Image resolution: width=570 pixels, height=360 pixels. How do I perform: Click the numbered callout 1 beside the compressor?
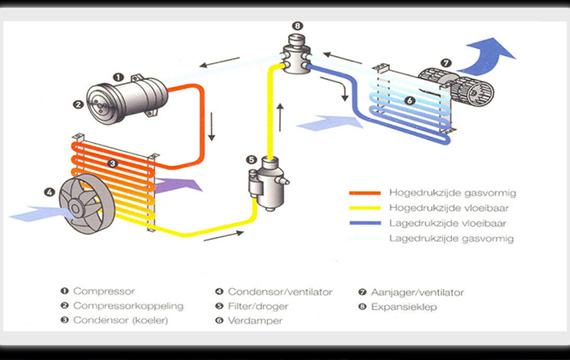click(x=119, y=77)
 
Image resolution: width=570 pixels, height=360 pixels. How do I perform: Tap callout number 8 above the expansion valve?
click(x=297, y=26)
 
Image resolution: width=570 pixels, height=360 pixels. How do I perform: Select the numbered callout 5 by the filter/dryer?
click(x=251, y=160)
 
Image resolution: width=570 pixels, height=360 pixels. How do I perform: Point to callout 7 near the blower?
click(x=446, y=63)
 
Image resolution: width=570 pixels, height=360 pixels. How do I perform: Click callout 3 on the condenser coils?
click(x=112, y=163)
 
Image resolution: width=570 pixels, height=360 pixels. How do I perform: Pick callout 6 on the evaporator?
click(x=410, y=100)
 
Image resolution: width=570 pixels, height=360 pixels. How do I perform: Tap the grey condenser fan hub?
click(x=75, y=208)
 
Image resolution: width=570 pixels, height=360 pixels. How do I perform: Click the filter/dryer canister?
click(x=268, y=184)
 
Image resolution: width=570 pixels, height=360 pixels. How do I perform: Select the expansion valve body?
click(x=297, y=55)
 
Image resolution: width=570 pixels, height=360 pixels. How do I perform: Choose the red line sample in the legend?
click(x=365, y=193)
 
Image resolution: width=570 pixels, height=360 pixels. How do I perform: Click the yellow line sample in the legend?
click(x=365, y=208)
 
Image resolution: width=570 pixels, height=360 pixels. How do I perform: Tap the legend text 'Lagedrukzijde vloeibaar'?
click(x=447, y=223)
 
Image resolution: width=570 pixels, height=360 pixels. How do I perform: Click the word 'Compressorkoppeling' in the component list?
click(x=128, y=306)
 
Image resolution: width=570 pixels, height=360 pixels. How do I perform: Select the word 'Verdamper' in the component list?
click(x=255, y=321)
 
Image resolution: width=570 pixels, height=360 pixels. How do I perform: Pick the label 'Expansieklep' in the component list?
click(x=404, y=307)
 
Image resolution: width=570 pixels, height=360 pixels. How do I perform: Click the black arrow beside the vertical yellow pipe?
click(x=280, y=117)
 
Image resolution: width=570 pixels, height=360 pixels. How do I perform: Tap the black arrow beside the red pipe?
click(x=212, y=127)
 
